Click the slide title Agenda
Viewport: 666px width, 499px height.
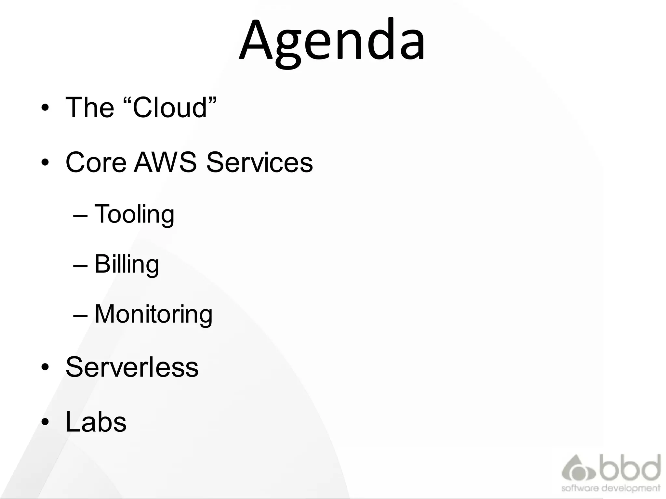(332, 41)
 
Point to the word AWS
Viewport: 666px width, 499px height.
(166, 162)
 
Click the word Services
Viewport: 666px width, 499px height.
(260, 162)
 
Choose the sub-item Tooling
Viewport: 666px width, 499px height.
(134, 214)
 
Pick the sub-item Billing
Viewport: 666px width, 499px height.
(127, 264)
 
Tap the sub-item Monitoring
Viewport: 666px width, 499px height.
(153, 314)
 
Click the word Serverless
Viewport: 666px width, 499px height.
(132, 367)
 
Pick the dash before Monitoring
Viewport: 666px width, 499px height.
(80, 315)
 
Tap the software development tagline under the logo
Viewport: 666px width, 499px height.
(611, 488)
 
